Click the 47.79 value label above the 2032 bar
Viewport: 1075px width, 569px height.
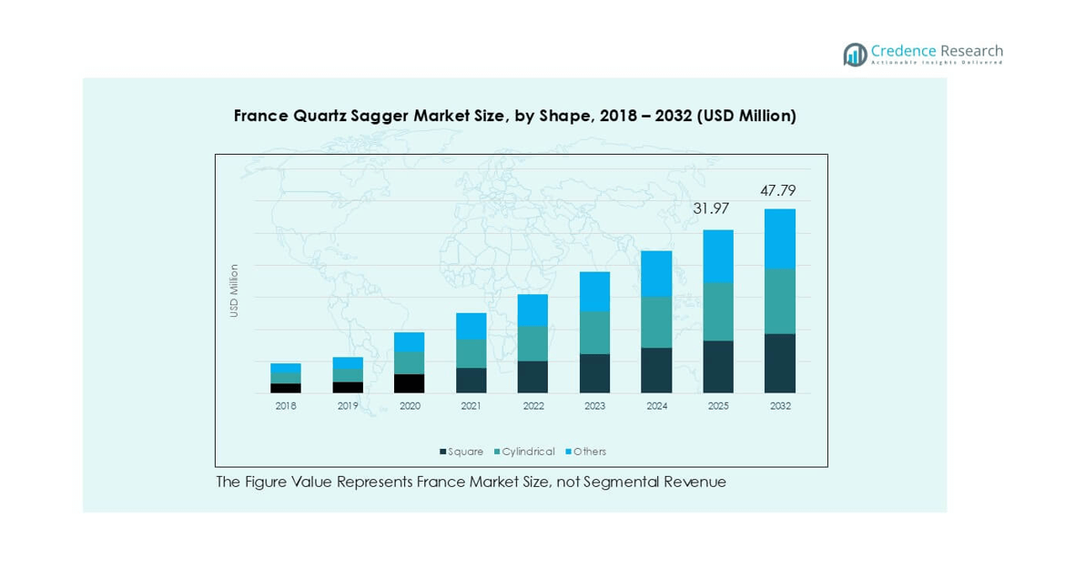point(778,191)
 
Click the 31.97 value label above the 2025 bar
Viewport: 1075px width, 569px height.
point(711,208)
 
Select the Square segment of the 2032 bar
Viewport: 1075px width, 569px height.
point(780,363)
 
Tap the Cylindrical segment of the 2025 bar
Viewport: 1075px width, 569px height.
point(718,311)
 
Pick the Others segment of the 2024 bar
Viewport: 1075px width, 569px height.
point(656,274)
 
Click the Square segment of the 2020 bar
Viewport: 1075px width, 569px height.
point(409,383)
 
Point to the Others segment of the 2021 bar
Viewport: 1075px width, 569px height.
point(471,326)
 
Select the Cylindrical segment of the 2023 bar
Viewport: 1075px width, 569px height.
point(594,332)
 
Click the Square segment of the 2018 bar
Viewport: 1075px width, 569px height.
point(286,388)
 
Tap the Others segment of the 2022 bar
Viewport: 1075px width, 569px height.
point(532,310)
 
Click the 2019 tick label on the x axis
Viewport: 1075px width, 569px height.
point(348,406)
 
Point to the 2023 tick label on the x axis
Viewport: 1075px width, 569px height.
point(594,406)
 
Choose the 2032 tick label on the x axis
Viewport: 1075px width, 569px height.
point(780,406)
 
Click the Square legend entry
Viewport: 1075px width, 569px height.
point(461,452)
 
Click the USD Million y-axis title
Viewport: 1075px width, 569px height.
point(234,290)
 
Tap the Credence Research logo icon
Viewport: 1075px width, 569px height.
point(855,55)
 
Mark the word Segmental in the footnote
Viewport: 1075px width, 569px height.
point(629,482)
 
